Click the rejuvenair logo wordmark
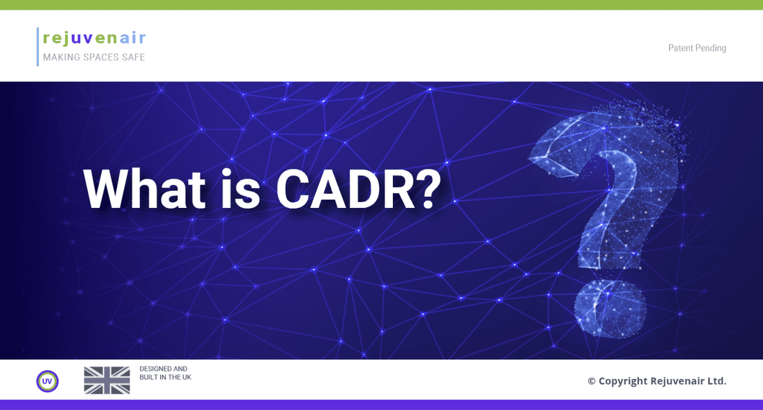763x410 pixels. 94,38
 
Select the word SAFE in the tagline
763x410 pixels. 134,57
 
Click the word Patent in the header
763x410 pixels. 681,48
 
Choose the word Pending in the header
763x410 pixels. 711,48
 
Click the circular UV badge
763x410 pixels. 48,381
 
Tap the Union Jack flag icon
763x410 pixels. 107,380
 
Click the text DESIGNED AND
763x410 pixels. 163,369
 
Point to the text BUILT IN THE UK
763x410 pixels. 165,377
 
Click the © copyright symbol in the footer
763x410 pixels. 591,381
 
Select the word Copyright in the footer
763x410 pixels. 623,381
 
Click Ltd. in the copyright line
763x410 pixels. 717,381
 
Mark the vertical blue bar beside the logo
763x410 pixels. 38,46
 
